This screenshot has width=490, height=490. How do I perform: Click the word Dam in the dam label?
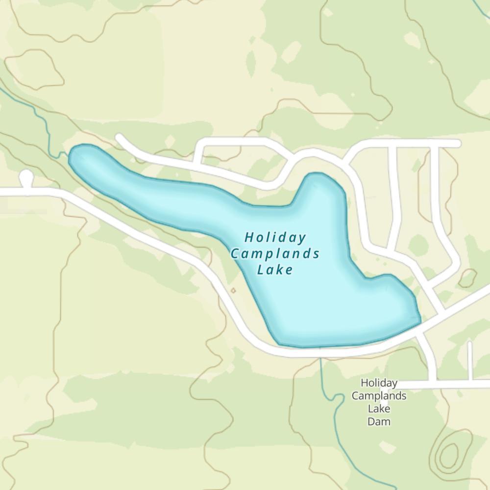click(x=379, y=421)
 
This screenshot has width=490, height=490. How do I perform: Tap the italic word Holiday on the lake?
click(x=275, y=238)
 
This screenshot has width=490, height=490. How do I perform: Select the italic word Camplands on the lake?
click(x=275, y=254)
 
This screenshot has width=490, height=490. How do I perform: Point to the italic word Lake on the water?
click(x=275, y=269)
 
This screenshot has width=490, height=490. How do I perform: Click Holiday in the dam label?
click(x=379, y=383)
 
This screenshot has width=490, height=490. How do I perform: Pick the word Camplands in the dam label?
click(x=379, y=395)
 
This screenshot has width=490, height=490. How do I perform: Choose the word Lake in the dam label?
click(x=379, y=408)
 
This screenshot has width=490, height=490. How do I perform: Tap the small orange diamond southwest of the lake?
click(x=233, y=291)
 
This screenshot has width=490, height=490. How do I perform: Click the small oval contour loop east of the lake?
click(x=467, y=278)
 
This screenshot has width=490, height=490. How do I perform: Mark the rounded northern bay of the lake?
click(x=321, y=186)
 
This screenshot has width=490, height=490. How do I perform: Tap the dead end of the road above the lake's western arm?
click(x=119, y=138)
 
